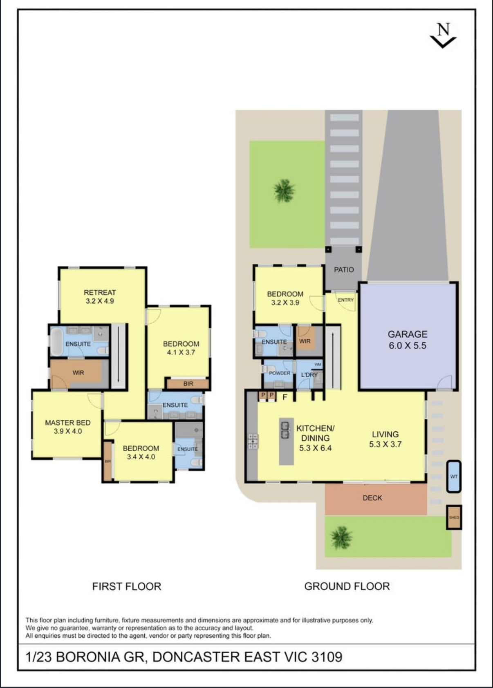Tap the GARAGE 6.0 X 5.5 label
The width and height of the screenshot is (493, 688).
407,340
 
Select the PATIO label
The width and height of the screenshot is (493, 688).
344,270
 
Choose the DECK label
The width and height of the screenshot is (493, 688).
372,498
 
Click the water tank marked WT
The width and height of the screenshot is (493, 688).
454,476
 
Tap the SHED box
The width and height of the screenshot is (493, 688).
454,518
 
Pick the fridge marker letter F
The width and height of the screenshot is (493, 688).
285,397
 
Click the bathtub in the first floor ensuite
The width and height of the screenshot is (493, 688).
57,342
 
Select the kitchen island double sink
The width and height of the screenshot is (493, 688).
285,430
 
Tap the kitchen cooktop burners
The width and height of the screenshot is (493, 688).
253,441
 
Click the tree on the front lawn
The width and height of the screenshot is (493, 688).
284,191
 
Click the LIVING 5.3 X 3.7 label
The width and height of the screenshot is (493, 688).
385,439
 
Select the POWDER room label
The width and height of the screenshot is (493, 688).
280,373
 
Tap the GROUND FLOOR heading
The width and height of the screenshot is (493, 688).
347,586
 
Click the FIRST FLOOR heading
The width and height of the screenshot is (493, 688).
127,586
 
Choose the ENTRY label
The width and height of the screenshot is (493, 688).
346,300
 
